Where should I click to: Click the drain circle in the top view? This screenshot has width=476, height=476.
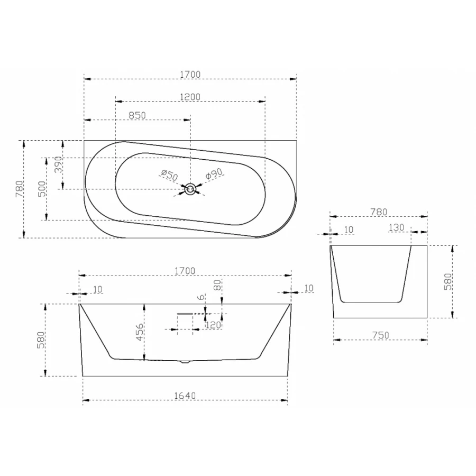[x=190, y=189]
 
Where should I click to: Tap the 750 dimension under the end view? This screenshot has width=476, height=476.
[x=380, y=335]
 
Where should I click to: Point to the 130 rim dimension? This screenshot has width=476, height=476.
[x=396, y=227]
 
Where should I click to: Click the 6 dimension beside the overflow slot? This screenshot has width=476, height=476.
[x=201, y=298]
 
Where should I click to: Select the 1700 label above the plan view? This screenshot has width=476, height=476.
[x=190, y=75]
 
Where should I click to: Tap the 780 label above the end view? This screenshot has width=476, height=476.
[x=378, y=212]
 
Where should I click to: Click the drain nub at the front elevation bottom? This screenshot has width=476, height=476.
[x=184, y=362]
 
